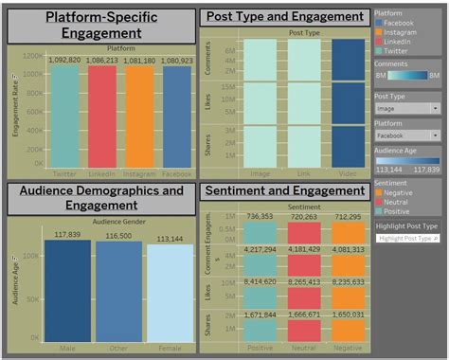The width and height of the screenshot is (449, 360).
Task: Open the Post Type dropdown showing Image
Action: point(407,108)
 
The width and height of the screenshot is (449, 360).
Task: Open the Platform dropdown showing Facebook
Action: point(407,135)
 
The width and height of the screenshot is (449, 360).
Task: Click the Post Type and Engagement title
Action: point(284,16)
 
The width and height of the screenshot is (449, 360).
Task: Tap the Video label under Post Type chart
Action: point(347,174)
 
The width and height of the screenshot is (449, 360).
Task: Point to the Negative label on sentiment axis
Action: point(348,348)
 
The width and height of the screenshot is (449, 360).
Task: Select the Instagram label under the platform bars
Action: point(139,175)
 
